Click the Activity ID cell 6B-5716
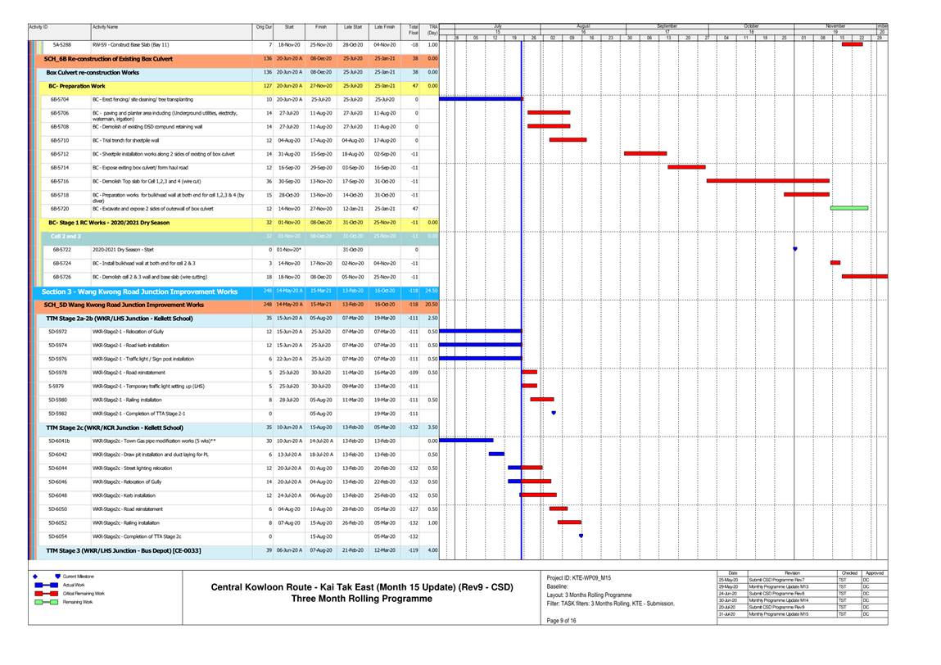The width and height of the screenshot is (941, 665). pyautogui.click(x=60, y=181)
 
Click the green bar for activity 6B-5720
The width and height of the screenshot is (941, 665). pyautogui.click(x=848, y=208)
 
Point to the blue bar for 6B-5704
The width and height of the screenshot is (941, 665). pyautogui.click(x=481, y=98)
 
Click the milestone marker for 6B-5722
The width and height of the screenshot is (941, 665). pyautogui.click(x=795, y=249)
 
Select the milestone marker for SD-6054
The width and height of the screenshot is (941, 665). pyautogui.click(x=581, y=536)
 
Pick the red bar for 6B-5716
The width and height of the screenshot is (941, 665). pyautogui.click(x=767, y=181)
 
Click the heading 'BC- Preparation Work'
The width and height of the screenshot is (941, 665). pyautogui.click(x=77, y=85)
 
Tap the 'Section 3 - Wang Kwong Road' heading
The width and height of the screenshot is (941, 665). pyautogui.click(x=139, y=292)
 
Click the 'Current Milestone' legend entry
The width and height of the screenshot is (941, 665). pyautogui.click(x=80, y=577)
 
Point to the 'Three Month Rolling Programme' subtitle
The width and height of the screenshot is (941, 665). pyautogui.click(x=361, y=599)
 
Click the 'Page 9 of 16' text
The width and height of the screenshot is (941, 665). pyautogui.click(x=561, y=621)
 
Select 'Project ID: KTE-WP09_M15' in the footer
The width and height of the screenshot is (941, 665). pyautogui.click(x=580, y=577)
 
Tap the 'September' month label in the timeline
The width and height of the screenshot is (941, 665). pyautogui.click(x=667, y=27)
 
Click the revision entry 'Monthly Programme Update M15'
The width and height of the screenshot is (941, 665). pyautogui.click(x=777, y=614)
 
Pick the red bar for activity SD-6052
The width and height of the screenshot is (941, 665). pyautogui.click(x=569, y=522)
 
